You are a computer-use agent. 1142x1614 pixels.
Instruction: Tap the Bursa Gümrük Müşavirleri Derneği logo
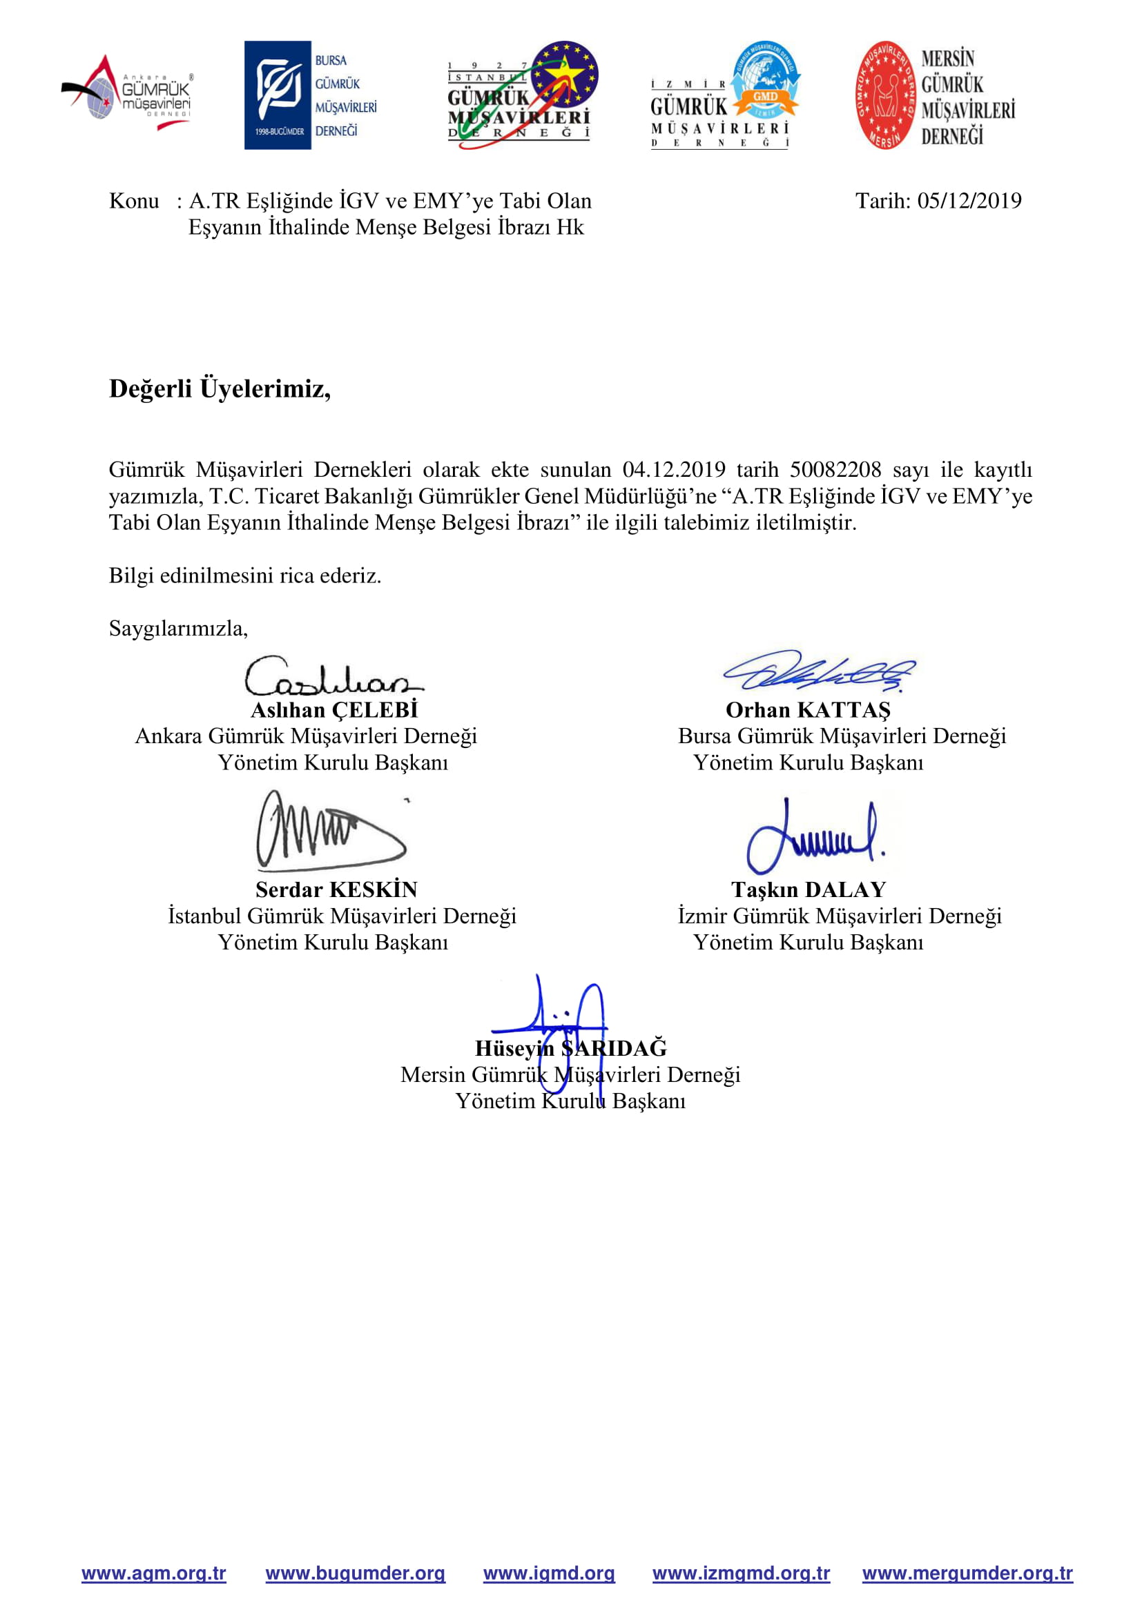[310, 95]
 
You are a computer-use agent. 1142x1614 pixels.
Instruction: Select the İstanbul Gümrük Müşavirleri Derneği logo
[523, 95]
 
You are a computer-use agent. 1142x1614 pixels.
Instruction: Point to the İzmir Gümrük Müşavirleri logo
[724, 95]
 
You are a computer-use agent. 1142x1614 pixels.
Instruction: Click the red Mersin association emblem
[885, 95]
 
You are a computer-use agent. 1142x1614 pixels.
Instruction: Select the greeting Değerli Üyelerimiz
[220, 388]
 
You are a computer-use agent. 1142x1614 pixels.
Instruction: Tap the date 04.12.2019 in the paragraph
[673, 470]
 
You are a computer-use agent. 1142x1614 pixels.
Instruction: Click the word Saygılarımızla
[178, 628]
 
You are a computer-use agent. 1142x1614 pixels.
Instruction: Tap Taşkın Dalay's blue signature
[814, 836]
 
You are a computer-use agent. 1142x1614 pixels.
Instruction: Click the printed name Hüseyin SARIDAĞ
[570, 1048]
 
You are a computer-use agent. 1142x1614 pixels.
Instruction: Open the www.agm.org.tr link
[153, 1573]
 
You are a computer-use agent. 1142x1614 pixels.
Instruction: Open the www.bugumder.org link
[355, 1573]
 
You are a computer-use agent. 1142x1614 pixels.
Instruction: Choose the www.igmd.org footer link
[548, 1573]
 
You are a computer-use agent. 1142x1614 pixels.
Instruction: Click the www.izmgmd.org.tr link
[740, 1573]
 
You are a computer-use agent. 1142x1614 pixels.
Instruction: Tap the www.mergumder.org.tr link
[967, 1573]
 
